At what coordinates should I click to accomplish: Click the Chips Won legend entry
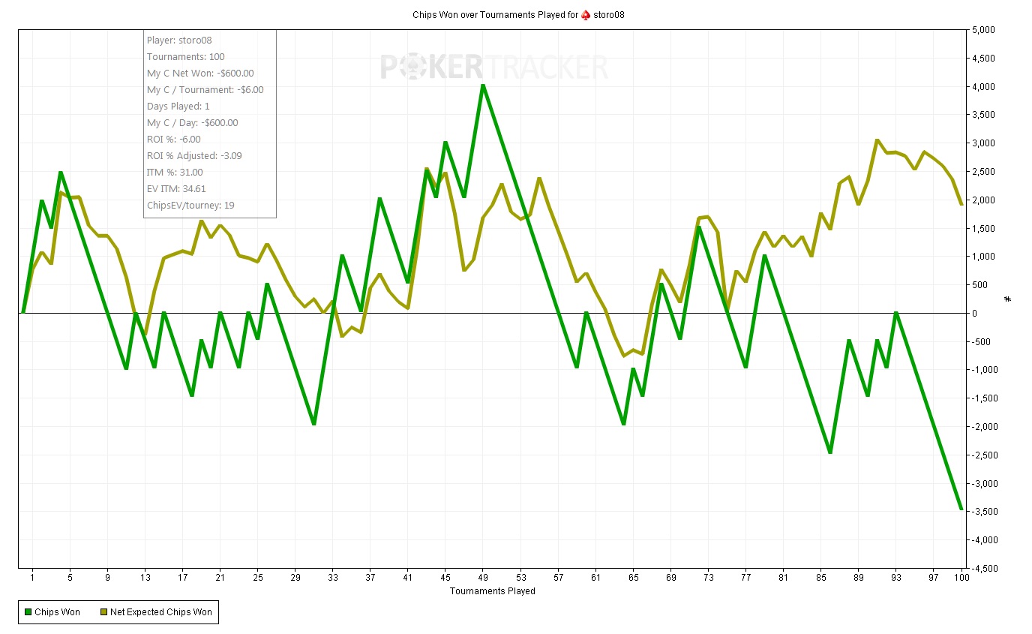(x=52, y=612)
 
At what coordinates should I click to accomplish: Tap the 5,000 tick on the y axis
(x=984, y=30)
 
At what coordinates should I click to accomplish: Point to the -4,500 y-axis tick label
(x=982, y=568)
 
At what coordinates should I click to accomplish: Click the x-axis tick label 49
(x=484, y=578)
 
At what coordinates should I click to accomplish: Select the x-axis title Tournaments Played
(x=492, y=591)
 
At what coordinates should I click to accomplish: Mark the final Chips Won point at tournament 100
(x=961, y=510)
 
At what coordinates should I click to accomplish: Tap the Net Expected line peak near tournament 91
(x=877, y=140)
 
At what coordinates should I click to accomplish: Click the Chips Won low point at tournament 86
(x=830, y=452)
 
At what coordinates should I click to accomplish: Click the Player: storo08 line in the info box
(x=174, y=41)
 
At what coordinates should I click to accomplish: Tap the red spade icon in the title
(x=586, y=15)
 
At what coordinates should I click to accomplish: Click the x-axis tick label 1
(x=32, y=578)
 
